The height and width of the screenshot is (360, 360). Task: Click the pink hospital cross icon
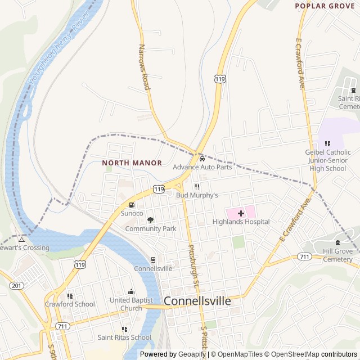coord(241,213)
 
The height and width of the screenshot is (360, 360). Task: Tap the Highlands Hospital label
coord(241,222)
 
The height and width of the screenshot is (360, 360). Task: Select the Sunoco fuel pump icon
coord(132,205)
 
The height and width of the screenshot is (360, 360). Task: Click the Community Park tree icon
coord(150,220)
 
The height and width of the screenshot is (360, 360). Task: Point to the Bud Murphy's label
coord(196,195)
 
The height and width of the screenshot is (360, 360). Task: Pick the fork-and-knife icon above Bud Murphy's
coord(197,187)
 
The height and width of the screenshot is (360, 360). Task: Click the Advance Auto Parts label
coord(202,167)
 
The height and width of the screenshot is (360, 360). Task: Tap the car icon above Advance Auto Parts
coord(194,157)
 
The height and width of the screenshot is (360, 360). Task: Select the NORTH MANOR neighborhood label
coord(132,163)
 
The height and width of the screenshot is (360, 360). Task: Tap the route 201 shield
coord(16,286)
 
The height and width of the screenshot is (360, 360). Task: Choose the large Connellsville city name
coord(197,301)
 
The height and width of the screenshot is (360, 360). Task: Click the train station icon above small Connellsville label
coord(153,260)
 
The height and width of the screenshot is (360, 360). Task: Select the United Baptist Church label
coord(131,304)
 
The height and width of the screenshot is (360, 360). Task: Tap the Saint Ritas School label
coord(124,337)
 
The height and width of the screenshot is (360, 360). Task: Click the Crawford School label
coord(70,304)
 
